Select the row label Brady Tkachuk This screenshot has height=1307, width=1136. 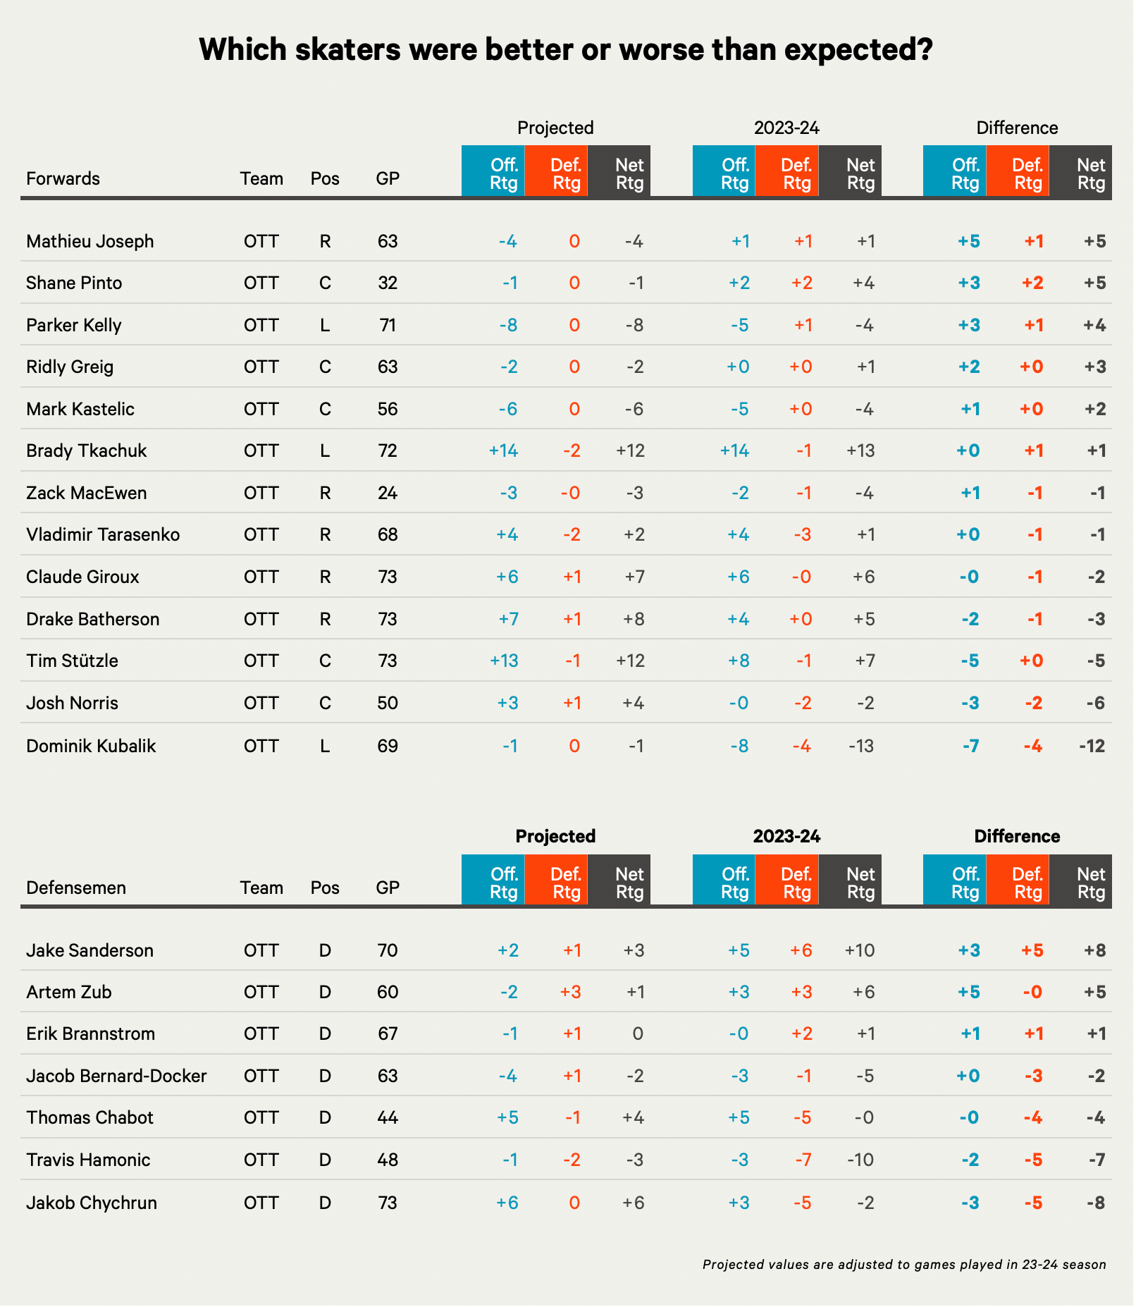point(86,450)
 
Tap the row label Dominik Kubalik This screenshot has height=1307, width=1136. point(91,746)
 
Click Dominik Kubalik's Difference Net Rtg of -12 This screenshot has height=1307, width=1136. point(1092,746)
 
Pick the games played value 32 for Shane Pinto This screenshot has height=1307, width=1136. point(388,283)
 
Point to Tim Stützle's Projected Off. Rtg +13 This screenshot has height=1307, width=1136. point(504,661)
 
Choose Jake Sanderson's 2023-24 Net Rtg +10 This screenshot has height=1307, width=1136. point(860,950)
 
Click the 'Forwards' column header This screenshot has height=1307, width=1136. point(63,178)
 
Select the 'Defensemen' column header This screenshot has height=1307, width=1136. point(76,888)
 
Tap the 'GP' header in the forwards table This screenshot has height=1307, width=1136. point(388,178)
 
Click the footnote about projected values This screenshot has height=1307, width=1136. point(904,1264)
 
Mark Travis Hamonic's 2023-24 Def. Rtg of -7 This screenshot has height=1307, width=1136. point(803,1160)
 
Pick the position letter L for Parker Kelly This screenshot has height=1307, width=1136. point(325,325)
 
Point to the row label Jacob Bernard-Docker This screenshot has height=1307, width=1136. point(116,1076)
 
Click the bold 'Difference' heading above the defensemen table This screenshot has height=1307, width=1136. point(1017,836)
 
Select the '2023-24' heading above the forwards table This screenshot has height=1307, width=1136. point(786,128)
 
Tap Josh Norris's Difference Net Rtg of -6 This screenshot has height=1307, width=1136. point(1096,703)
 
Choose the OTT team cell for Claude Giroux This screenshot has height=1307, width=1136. point(261,577)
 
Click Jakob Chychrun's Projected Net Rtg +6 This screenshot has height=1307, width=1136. point(634,1202)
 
